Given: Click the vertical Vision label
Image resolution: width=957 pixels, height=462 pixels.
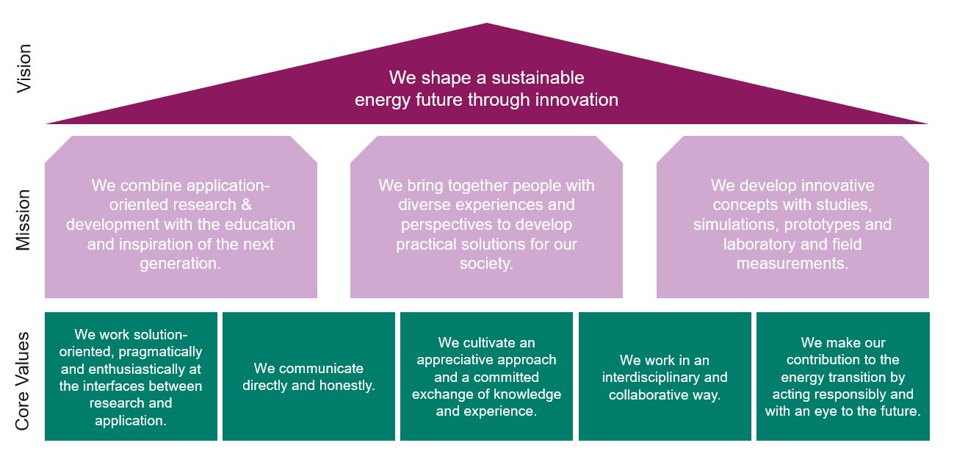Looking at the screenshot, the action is (x=24, y=68).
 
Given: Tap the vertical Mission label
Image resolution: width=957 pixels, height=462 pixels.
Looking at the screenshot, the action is (x=23, y=220).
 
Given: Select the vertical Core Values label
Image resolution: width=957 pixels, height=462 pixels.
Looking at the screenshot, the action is (x=22, y=380).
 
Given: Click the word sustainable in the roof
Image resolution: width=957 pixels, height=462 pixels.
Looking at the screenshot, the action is (x=538, y=78).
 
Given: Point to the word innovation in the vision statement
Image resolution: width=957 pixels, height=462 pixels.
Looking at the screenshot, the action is (x=577, y=100).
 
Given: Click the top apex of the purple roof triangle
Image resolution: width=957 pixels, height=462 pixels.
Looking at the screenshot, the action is (x=487, y=23).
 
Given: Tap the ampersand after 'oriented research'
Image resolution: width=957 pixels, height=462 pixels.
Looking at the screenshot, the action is (x=246, y=205).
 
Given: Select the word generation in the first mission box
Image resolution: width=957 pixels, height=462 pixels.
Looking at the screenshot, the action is (x=180, y=264).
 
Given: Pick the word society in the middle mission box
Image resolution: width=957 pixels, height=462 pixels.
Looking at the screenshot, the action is (x=486, y=263).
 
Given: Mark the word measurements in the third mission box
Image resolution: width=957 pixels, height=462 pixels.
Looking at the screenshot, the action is (x=792, y=263).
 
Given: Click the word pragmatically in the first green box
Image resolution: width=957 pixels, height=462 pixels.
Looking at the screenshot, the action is (x=160, y=352).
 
